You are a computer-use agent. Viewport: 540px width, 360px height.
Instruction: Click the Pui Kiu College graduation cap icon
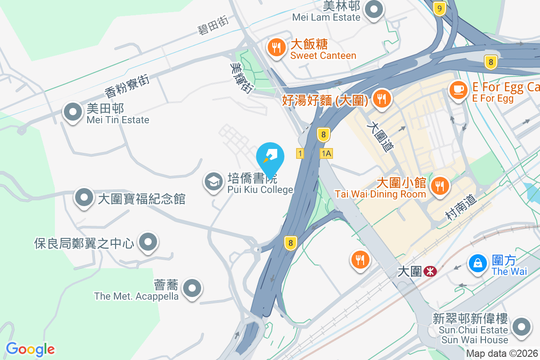click(x=213, y=182)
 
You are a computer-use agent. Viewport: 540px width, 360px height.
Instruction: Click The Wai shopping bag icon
click(x=477, y=263)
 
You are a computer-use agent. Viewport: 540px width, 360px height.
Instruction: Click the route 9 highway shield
click(x=440, y=8)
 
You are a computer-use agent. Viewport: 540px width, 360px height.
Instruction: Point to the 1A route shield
click(x=326, y=153)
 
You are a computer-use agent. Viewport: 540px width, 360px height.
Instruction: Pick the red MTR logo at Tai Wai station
click(x=430, y=271)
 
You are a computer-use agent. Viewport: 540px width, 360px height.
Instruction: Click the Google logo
click(x=30, y=349)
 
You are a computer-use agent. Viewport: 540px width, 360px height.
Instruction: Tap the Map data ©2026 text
click(x=502, y=354)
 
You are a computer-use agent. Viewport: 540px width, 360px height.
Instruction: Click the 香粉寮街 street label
click(x=126, y=86)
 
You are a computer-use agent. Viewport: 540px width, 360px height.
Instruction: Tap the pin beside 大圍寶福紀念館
click(x=84, y=198)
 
